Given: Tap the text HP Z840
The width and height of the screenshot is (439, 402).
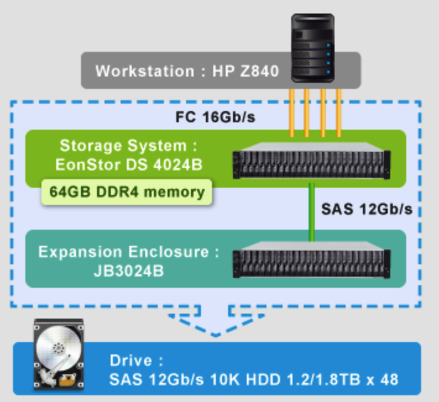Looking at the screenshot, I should click(245, 70).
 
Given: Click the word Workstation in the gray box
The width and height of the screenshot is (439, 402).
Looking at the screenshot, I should click(144, 70).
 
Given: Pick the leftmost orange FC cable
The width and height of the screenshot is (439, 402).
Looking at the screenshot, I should click(291, 111).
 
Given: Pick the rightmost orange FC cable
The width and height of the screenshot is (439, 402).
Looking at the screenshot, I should click(338, 111).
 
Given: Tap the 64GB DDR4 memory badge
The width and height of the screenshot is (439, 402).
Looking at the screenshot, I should click(126, 192).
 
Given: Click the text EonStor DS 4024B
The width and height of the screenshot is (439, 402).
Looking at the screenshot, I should click(126, 165).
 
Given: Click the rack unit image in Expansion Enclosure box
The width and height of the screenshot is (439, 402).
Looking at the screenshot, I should click(311, 262).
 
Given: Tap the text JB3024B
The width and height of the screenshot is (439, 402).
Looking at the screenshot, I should click(126, 270).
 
